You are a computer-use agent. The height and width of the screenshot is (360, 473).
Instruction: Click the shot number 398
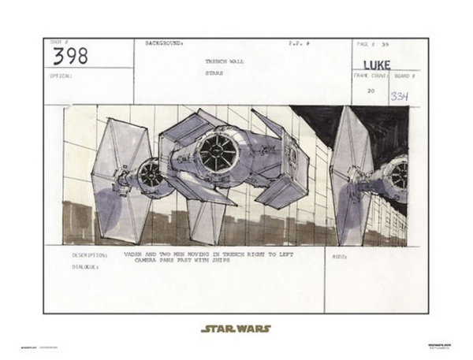click(71, 56)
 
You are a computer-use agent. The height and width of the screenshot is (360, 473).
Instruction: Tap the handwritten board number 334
click(400, 96)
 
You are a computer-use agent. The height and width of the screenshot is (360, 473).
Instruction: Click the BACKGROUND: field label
click(164, 43)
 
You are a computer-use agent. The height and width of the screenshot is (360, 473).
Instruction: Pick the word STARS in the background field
click(214, 73)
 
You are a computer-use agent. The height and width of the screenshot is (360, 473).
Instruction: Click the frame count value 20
click(371, 91)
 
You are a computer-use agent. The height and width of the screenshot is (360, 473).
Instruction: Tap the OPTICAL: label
click(61, 76)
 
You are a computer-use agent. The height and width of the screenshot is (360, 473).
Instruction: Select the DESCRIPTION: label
click(88, 255)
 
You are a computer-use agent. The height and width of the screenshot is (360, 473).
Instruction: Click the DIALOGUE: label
click(85, 267)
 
